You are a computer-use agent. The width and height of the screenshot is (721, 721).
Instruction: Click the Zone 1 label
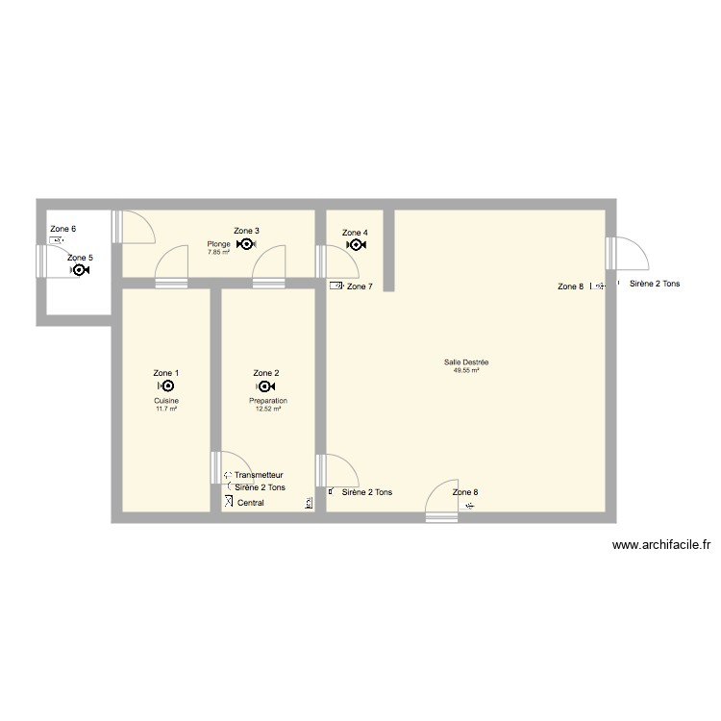click(165, 373)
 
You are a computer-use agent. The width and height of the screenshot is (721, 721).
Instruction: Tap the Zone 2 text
click(266, 373)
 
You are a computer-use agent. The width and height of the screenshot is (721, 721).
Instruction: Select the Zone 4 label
click(355, 233)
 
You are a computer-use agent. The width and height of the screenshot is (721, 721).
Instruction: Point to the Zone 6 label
click(62, 229)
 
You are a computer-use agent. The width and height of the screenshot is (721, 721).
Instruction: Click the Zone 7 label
click(359, 286)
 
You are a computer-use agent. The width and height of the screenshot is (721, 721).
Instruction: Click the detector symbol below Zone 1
click(165, 386)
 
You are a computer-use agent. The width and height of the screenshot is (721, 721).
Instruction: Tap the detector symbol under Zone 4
click(355, 245)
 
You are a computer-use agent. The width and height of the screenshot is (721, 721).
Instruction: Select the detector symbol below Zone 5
click(80, 271)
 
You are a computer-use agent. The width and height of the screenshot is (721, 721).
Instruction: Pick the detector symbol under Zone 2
click(266, 386)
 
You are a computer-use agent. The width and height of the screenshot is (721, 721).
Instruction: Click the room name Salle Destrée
click(466, 362)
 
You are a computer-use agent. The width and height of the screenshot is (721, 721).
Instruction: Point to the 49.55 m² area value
click(466, 370)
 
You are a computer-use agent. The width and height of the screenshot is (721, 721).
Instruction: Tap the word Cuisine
click(166, 401)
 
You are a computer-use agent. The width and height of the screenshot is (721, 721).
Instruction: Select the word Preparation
click(268, 401)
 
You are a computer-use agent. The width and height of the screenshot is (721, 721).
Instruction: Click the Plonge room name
click(218, 244)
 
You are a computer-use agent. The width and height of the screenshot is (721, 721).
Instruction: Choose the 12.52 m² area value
click(268, 409)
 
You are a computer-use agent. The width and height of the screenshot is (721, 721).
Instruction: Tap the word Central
click(250, 503)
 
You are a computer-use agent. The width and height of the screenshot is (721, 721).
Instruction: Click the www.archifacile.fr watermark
click(662, 546)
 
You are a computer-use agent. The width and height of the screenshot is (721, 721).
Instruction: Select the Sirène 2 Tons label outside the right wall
click(655, 284)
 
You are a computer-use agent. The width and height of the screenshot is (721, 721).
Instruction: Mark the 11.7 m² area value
click(166, 409)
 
